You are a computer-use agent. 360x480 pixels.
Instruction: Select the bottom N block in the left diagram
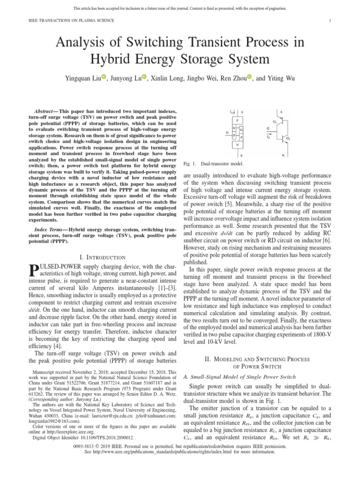point(237,145)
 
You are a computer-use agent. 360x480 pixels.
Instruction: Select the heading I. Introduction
point(103,257)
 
